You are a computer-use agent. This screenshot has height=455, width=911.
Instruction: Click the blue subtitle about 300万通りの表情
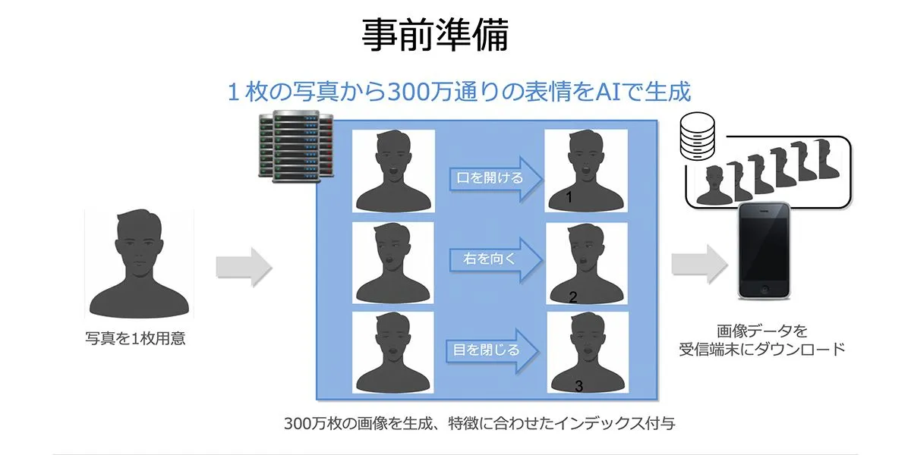pos(459,92)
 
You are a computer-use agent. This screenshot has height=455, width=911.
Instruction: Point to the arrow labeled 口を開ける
pos(494,179)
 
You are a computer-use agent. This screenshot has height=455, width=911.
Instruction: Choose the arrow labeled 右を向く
pos(494,259)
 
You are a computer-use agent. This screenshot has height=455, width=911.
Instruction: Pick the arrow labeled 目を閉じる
pos(492,350)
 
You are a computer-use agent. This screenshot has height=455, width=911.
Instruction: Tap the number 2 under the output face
pos(573,297)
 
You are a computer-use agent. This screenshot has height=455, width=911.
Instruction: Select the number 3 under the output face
pos(578,387)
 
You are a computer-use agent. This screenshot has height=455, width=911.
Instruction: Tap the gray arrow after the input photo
pos(244,266)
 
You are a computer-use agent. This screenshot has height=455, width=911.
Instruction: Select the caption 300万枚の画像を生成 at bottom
pos(479,423)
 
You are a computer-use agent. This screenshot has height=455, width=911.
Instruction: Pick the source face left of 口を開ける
pos(393,171)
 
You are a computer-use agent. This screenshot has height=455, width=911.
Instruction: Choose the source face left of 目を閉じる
pos(392,353)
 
